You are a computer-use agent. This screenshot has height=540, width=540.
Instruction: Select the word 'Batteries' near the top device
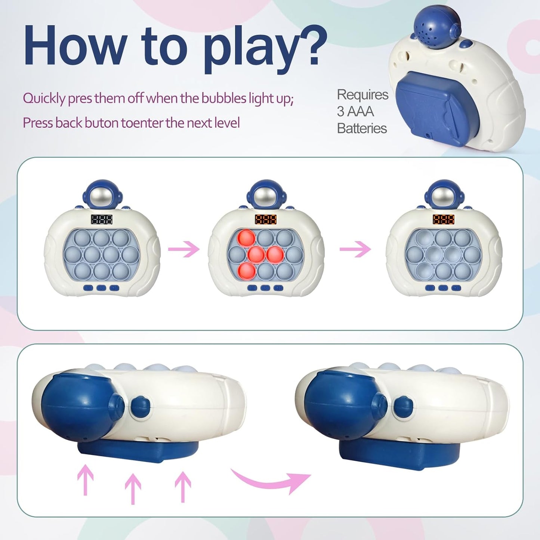(x=361, y=129)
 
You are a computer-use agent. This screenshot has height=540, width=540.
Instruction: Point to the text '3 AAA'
(x=355, y=111)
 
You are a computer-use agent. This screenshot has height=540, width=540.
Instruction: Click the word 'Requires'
(x=362, y=95)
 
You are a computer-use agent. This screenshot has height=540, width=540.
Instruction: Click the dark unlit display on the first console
(x=102, y=219)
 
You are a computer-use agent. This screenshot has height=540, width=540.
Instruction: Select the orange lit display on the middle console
(x=266, y=219)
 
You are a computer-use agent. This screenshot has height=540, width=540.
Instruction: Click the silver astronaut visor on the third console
(x=444, y=195)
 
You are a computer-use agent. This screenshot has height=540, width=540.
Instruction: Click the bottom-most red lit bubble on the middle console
(x=247, y=270)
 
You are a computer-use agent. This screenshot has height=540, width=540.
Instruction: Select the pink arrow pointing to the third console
(x=355, y=249)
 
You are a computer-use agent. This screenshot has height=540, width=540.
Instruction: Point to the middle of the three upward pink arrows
(x=133, y=488)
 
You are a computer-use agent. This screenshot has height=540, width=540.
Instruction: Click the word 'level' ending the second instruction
(x=227, y=123)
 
